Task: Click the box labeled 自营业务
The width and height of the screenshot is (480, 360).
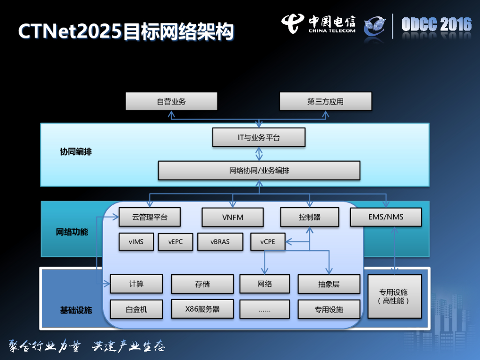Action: tap(171, 101)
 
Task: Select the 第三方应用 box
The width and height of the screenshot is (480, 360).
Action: tap(325, 101)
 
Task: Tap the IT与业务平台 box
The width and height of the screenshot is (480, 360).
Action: tap(259, 138)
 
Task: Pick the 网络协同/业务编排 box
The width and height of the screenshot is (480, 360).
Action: tap(259, 171)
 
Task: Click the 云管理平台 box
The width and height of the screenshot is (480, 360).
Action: tap(150, 217)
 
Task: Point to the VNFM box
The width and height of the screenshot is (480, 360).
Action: tap(232, 217)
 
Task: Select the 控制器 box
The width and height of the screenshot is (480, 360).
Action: tap(309, 217)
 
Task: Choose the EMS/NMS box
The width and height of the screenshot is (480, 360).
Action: tap(386, 217)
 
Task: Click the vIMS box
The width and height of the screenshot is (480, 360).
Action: tap(136, 242)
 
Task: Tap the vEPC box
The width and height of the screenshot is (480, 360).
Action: tap(175, 242)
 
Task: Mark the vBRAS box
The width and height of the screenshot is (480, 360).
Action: tap(220, 242)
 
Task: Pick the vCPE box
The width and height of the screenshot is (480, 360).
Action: tap(268, 242)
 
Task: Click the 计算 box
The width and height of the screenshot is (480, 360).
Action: tap(136, 284)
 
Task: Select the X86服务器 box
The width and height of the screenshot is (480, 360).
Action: tap(202, 309)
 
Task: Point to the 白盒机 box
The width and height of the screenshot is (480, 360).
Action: tap(136, 309)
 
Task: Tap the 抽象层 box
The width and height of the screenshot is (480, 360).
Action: tap(329, 284)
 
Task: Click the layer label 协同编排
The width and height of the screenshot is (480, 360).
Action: tap(75, 152)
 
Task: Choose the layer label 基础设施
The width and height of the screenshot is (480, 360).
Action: tap(75, 310)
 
